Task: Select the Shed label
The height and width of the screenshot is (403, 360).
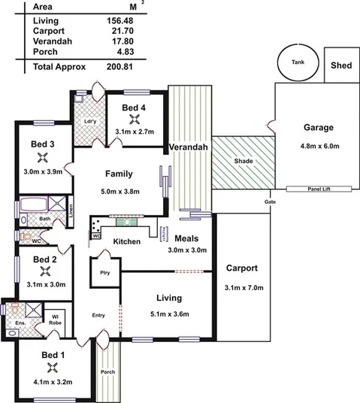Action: tap(340, 65)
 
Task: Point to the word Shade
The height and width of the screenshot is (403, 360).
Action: tap(242, 161)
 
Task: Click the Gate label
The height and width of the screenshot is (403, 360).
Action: tap(268, 203)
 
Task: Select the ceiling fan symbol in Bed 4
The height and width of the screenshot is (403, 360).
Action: tap(134, 119)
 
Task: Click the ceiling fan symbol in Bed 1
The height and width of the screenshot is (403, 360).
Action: tap(52, 367)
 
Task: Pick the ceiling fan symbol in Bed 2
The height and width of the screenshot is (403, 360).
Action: tap(44, 271)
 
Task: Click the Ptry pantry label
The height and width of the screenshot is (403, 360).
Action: tap(105, 273)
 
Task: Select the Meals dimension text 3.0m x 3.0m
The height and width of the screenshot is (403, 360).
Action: tap(186, 250)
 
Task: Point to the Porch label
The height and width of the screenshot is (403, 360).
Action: tap(108, 372)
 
